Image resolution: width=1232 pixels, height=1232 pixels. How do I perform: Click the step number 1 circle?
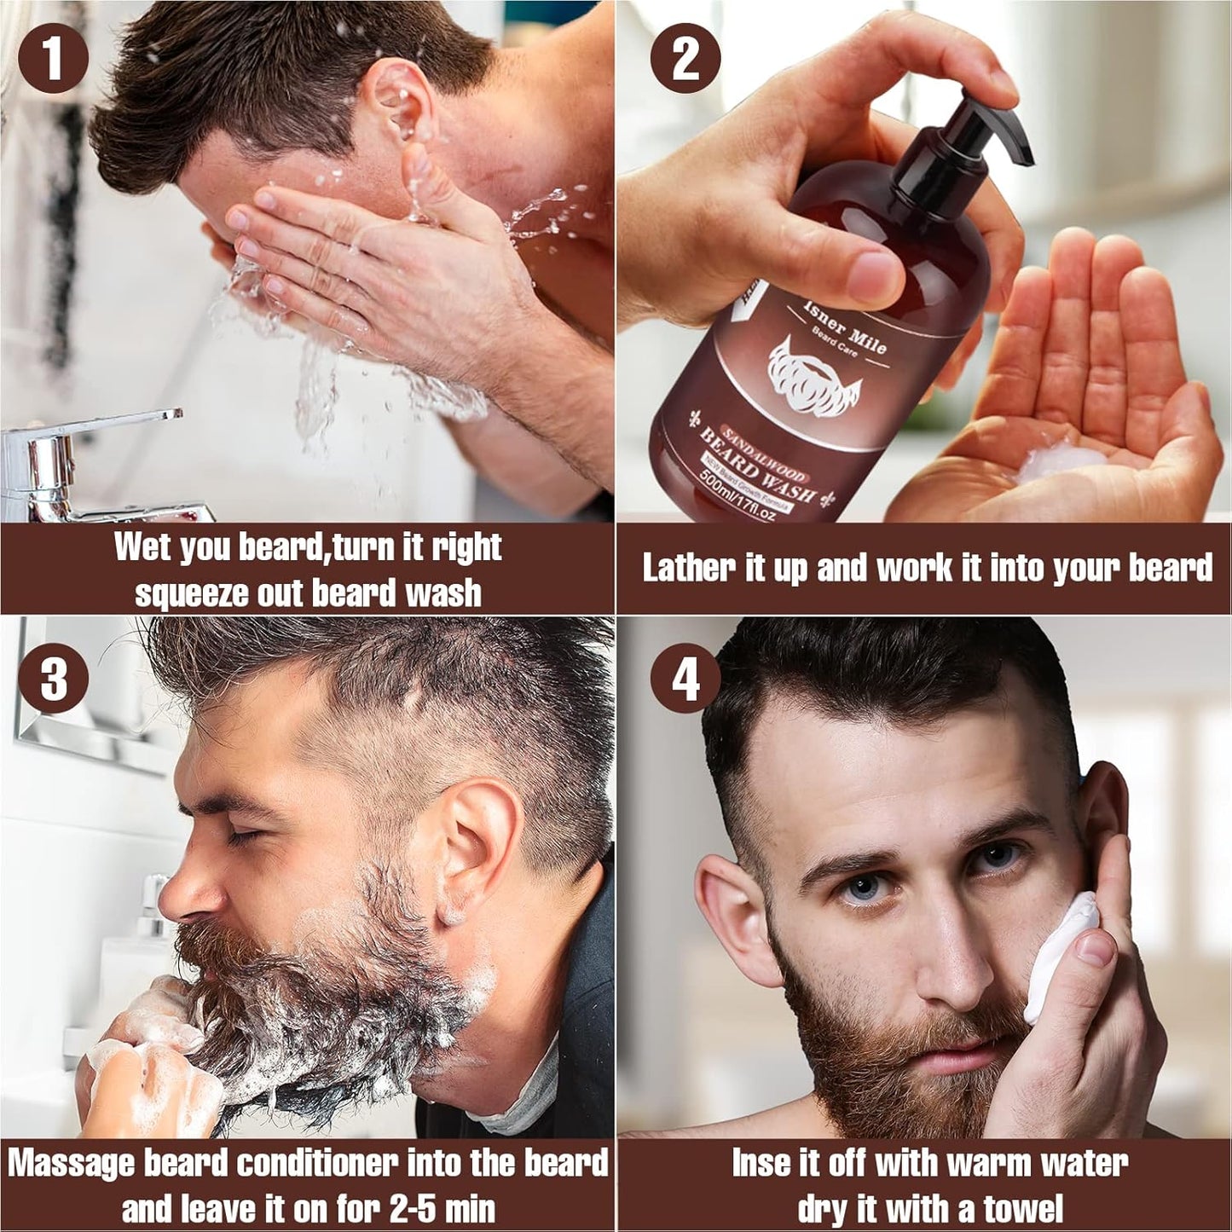(x=53, y=58)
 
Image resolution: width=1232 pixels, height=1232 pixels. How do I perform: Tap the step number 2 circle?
(x=685, y=58)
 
